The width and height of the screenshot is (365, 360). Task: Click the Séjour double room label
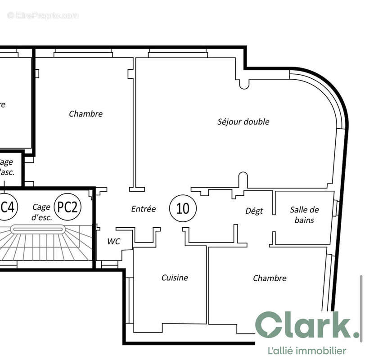pyautogui.click(x=243, y=121)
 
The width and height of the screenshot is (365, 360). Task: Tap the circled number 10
pyautogui.click(x=183, y=208)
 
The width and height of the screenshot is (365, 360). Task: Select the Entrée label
pyautogui.click(x=144, y=209)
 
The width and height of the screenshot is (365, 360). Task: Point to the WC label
pyautogui.click(x=113, y=241)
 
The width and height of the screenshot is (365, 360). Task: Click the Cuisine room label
pyautogui.click(x=175, y=278)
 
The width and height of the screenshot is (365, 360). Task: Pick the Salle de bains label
pyautogui.click(x=304, y=215)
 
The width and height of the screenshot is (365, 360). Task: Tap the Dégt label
pyautogui.click(x=254, y=211)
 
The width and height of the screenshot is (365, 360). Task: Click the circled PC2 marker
pyautogui.click(x=68, y=207)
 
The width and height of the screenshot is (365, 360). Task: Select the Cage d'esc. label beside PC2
pyautogui.click(x=42, y=211)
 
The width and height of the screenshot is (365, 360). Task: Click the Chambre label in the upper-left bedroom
pyautogui.click(x=86, y=114)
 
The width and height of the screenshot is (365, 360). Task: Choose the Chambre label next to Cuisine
pyautogui.click(x=270, y=278)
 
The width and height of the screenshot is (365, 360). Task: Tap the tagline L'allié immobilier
pyautogui.click(x=306, y=351)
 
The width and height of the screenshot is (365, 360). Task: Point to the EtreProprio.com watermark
pyautogui.click(x=43, y=15)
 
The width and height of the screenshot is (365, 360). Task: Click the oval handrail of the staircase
pyautogui.click(x=38, y=229)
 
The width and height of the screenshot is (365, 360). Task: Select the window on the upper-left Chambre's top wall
pyautogui.click(x=83, y=54)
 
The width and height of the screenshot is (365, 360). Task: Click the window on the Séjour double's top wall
pyautogui.click(x=178, y=54)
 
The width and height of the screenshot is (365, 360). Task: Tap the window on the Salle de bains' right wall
pyautogui.click(x=335, y=208)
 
